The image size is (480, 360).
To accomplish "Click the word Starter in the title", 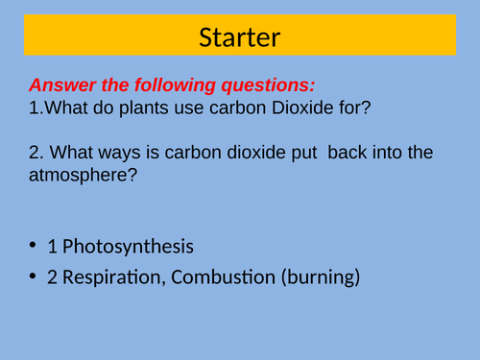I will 240,38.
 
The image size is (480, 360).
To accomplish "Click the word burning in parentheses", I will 324,279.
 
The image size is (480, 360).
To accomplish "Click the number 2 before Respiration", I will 52,278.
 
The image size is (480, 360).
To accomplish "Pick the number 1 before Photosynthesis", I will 52,247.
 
